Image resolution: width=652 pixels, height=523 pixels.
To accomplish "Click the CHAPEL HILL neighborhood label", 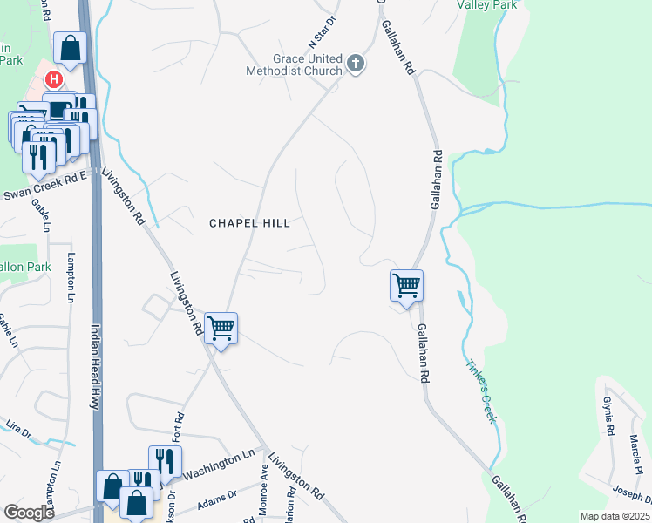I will pyautogui.click(x=249, y=223).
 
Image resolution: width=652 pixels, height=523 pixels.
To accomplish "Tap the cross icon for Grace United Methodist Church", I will pyautogui.click(x=355, y=63).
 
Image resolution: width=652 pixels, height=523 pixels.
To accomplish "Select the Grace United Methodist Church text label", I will pyautogui.click(x=295, y=63).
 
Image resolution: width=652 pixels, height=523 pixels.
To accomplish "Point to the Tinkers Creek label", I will pyautogui.click(x=480, y=391).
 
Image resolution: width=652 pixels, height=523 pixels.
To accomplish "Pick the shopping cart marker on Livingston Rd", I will pyautogui.click(x=221, y=329).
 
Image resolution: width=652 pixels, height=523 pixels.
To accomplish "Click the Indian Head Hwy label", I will pyautogui.click(x=95, y=367).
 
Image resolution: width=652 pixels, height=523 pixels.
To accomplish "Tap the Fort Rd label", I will pyautogui.click(x=177, y=425).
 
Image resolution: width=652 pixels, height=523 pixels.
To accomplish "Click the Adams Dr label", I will pyautogui.click(x=217, y=498).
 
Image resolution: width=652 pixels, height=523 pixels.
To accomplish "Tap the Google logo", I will pyautogui.click(x=28, y=512).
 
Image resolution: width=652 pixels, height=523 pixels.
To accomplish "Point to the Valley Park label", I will pyautogui.click(x=487, y=4).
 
